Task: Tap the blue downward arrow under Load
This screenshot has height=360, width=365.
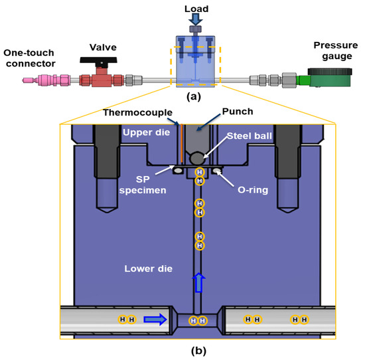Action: point(195,21)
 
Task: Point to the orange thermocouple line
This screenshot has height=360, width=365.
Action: point(179,143)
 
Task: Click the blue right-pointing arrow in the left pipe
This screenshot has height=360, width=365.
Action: point(154,319)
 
